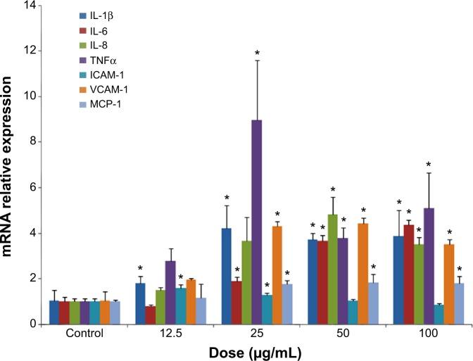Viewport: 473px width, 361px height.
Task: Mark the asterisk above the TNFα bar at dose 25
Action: [258, 53]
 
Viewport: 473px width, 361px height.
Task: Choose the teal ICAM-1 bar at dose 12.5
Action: [180, 305]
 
